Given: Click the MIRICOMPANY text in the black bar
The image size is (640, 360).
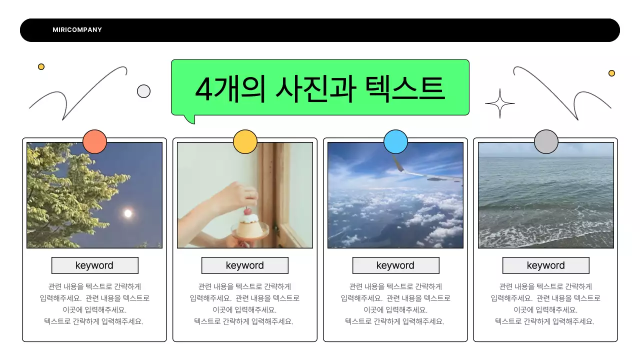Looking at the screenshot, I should pyautogui.click(x=77, y=30).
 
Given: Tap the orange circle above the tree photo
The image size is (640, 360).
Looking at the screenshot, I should pyautogui.click(x=94, y=142).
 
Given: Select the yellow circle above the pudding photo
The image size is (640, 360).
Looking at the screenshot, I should pyautogui.click(x=245, y=142).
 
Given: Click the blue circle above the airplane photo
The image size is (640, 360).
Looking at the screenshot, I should pyautogui.click(x=395, y=142).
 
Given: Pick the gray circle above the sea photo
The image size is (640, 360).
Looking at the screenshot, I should pyautogui.click(x=546, y=142).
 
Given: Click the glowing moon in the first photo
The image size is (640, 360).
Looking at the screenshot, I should pyautogui.click(x=128, y=213).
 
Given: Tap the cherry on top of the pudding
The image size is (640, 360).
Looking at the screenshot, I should pyautogui.click(x=247, y=211).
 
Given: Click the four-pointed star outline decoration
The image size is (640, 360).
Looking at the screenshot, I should pyautogui.click(x=499, y=104).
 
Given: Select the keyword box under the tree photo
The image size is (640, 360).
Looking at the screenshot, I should pyautogui.click(x=94, y=265).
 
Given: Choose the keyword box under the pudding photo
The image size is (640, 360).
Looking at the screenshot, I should pyautogui.click(x=245, y=265).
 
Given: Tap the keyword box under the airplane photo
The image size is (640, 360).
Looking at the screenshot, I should pyautogui.click(x=395, y=265).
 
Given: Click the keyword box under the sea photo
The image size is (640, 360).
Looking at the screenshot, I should pyautogui.click(x=546, y=265).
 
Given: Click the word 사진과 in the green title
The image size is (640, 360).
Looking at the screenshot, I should pyautogui.click(x=315, y=89).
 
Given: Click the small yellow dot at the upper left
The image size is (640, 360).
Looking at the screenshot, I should pyautogui.click(x=41, y=66).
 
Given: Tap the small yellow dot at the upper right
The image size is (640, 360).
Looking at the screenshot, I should pyautogui.click(x=611, y=73).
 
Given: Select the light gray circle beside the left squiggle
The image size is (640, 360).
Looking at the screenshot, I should pyautogui.click(x=143, y=91).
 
